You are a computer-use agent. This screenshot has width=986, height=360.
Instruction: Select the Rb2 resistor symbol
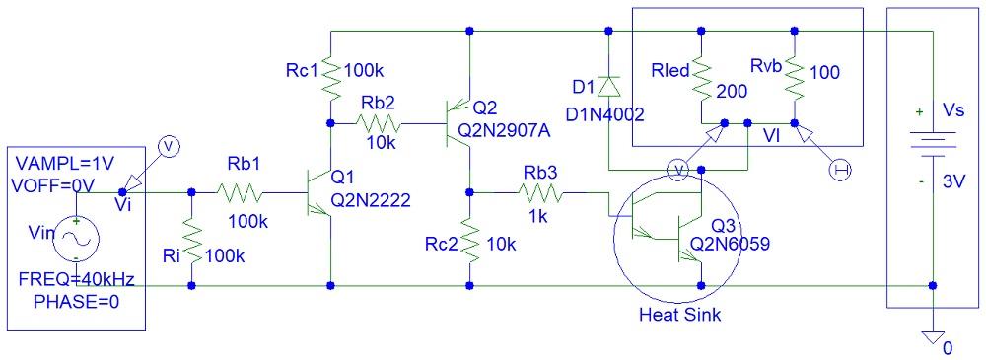[x=380, y=124]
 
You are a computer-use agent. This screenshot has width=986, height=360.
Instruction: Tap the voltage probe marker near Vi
[x=168, y=147]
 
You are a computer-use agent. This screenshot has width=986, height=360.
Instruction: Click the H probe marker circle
[x=840, y=172]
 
